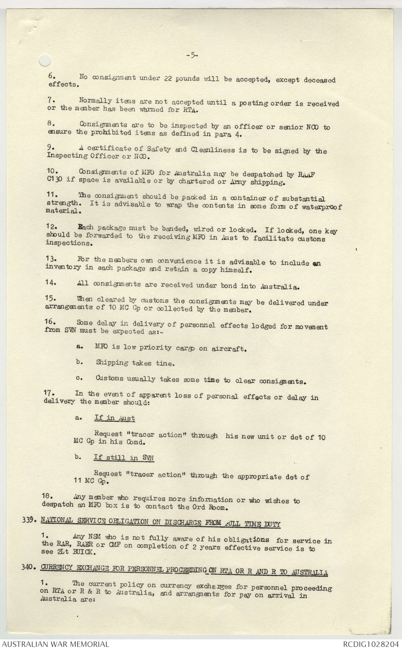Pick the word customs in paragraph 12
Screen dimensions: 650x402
[311, 239]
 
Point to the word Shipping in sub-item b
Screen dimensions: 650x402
[112, 363]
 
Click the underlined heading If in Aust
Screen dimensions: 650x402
[114, 418]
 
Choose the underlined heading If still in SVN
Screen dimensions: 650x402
[124, 458]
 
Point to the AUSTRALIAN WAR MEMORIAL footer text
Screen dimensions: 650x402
[55, 644]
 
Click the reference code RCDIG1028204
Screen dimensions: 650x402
[369, 644]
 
